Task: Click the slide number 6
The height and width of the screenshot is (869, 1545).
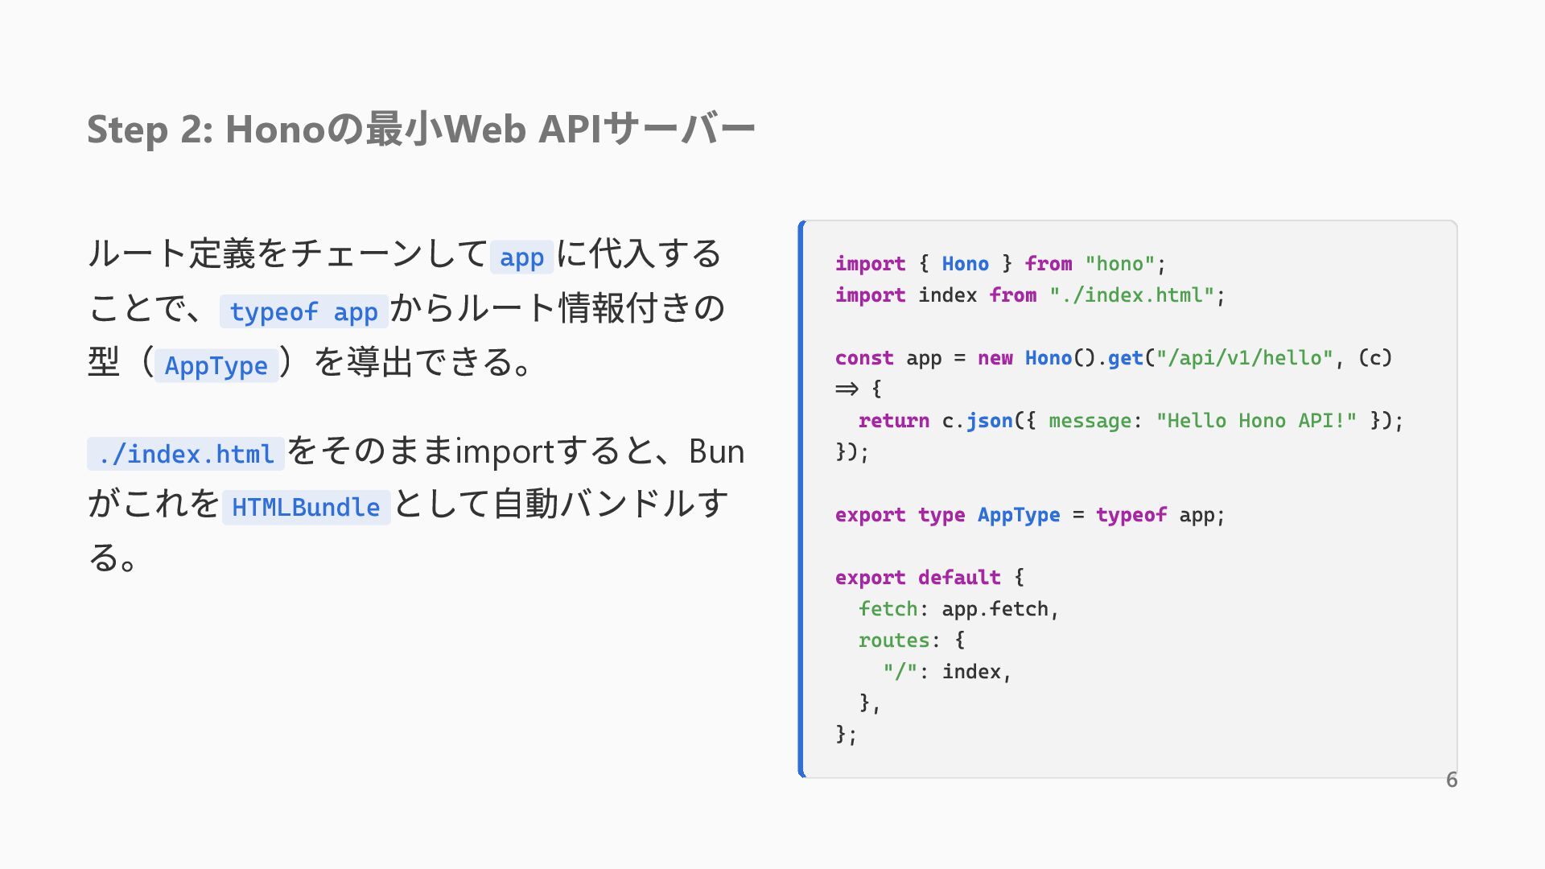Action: coord(1452,780)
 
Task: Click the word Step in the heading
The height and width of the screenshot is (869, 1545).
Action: coord(127,130)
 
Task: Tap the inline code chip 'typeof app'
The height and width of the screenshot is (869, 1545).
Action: coord(303,311)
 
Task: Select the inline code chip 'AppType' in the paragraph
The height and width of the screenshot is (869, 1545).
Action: coord(216,365)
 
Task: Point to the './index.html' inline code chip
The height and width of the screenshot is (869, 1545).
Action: coord(186,454)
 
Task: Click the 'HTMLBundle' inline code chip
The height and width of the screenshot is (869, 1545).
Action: coord(306,507)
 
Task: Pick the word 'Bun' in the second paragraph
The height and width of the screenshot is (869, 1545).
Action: coord(716,452)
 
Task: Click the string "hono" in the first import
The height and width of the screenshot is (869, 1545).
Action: coord(1120,264)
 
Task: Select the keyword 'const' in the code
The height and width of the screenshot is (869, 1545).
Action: coord(864,358)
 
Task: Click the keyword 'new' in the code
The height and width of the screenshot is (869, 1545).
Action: coord(995,358)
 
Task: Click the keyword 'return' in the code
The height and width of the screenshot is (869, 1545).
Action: coord(894,421)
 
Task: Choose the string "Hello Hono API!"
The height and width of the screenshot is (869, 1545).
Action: coord(1256,421)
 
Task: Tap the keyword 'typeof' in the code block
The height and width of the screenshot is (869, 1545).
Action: coord(1131,515)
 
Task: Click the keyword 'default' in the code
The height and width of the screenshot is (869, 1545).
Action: coord(959,578)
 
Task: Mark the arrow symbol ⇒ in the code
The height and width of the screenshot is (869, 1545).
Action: coord(847,389)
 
